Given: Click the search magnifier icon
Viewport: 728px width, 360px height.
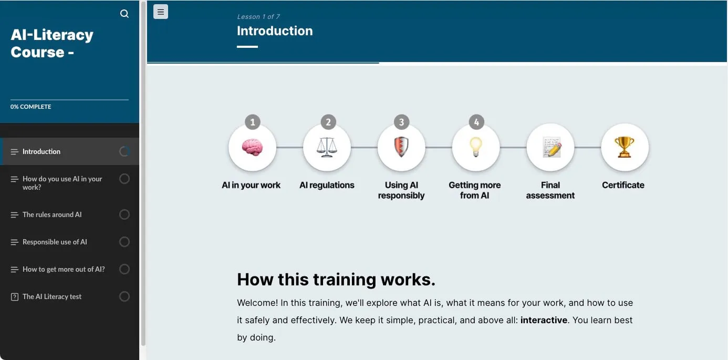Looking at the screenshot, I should click(124, 14).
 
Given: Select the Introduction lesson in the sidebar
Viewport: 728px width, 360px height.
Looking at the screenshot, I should click(41, 151).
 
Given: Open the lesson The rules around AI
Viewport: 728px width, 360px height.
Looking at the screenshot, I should click(52, 214).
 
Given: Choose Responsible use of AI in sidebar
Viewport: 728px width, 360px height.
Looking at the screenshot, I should click(55, 242).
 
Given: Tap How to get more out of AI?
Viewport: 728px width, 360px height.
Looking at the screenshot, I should click(64, 269).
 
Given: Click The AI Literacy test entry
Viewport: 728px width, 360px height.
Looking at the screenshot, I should click(52, 296).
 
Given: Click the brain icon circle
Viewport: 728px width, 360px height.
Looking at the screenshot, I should click(252, 148).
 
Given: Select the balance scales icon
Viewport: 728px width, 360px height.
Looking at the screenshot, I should click(327, 148).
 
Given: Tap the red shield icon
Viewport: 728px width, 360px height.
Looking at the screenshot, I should click(401, 148).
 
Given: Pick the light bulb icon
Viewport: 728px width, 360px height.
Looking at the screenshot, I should click(476, 148).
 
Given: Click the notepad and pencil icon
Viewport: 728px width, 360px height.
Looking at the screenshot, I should click(550, 148).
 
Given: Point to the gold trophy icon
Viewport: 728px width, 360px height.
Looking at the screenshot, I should click(625, 148).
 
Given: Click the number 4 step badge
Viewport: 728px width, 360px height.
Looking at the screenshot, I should click(476, 122).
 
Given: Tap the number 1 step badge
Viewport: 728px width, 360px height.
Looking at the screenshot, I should click(253, 122).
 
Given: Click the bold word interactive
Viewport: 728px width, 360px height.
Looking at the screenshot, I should click(544, 320).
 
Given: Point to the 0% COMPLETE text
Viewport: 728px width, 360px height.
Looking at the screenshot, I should click(31, 107).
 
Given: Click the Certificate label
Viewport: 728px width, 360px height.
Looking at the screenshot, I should click(623, 185).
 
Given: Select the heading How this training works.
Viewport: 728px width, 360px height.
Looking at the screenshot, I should click(336, 280).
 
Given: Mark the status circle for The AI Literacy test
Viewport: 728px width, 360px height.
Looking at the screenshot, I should click(124, 296).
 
